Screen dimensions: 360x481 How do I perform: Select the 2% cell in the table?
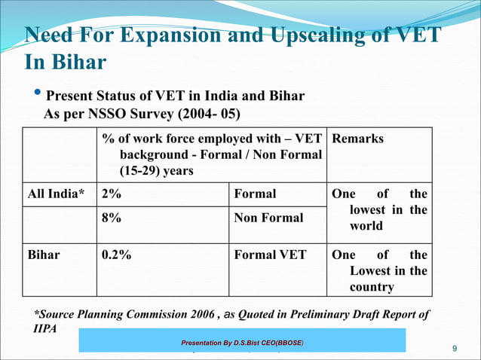[x=112, y=194]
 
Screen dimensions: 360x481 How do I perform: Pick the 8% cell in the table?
[x=112, y=218]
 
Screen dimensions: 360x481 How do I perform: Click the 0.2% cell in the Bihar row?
[x=116, y=255]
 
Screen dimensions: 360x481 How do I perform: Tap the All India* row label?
[x=57, y=194]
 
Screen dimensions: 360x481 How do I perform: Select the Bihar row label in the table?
[x=44, y=255]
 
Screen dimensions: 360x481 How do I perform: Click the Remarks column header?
[x=357, y=139]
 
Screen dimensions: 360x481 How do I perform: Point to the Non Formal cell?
[x=268, y=218]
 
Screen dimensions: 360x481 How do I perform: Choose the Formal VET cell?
[x=270, y=255]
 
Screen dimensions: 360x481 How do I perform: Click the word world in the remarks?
[x=366, y=226]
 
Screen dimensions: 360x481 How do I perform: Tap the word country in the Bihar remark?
[x=372, y=287]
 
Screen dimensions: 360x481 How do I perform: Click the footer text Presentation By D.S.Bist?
[x=241, y=343]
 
